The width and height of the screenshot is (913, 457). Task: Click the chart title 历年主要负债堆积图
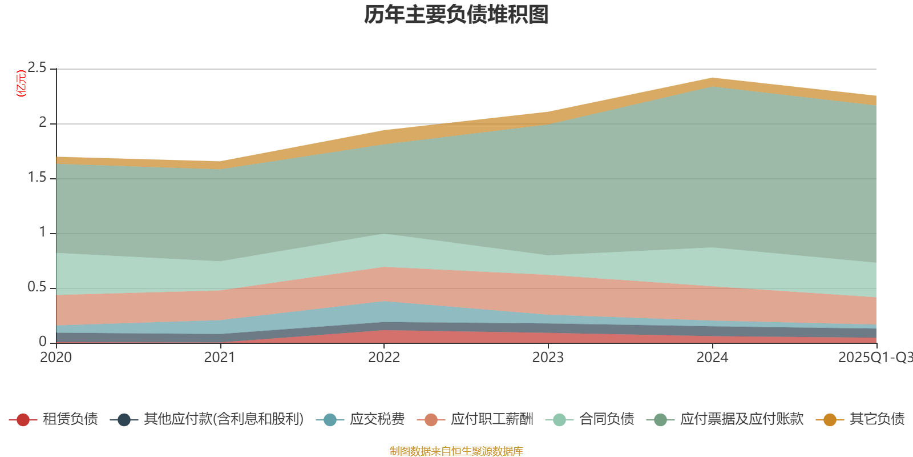[x=457, y=15]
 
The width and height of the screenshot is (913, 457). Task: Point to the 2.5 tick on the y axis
[x=37, y=68]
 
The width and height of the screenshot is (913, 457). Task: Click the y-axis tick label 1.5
[x=37, y=178]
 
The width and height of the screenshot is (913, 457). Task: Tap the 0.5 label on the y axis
[x=37, y=287]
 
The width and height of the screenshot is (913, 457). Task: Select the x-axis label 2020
[x=56, y=358]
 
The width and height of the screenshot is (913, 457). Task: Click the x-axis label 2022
[x=384, y=358]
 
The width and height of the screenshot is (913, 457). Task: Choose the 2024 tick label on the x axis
[x=712, y=358]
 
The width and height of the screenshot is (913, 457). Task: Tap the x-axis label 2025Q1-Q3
[x=875, y=358]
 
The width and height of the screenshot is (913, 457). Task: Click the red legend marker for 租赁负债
[x=23, y=420]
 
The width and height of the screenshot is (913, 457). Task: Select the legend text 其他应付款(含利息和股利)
[x=224, y=419]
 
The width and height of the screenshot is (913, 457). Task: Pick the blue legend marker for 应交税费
[x=330, y=420]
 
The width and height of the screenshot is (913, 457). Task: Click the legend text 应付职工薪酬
[x=492, y=419]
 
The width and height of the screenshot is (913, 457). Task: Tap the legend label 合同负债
[x=607, y=419]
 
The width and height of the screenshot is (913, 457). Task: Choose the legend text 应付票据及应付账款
[x=741, y=419]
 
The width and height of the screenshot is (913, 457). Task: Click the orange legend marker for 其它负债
[x=830, y=420]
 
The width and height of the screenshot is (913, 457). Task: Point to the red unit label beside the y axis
[x=21, y=83]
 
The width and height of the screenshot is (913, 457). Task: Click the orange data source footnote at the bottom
[x=456, y=451]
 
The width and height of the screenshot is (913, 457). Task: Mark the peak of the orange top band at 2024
[x=712, y=78]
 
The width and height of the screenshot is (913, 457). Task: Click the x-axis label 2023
[x=548, y=358]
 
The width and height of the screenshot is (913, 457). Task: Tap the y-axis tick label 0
[x=43, y=342]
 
